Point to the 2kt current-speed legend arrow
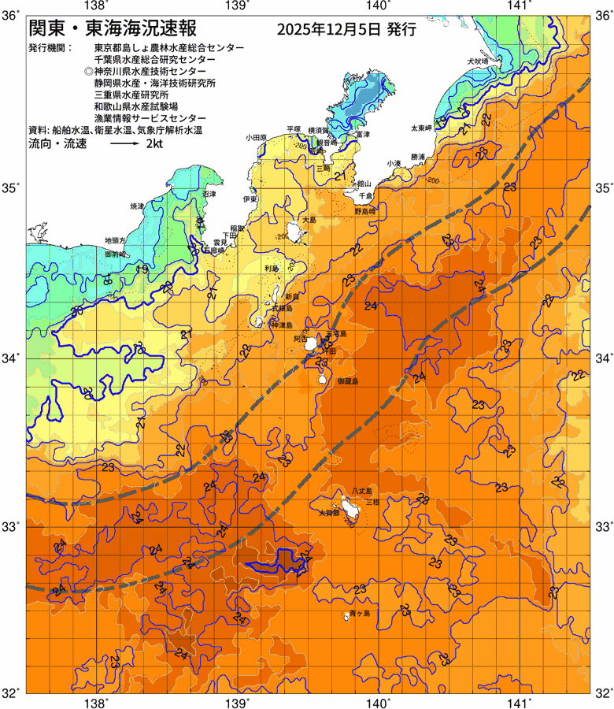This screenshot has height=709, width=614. click(x=125, y=145)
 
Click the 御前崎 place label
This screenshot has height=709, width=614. click(x=115, y=255)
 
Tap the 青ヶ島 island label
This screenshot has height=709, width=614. click(x=361, y=612)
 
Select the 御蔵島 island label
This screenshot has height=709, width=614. click(x=346, y=380)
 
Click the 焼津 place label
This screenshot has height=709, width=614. click(x=138, y=206)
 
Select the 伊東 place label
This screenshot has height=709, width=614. click(x=250, y=199)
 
